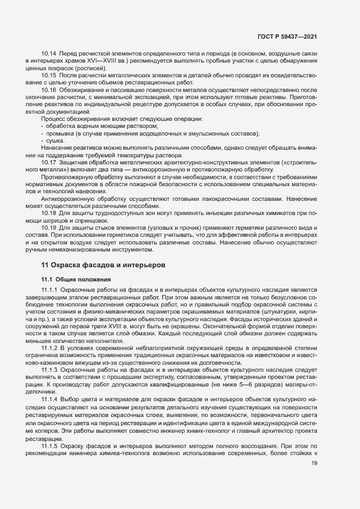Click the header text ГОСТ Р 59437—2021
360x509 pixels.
click(286, 36)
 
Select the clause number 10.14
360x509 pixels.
click(49, 54)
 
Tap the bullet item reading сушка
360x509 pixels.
click(56, 140)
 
